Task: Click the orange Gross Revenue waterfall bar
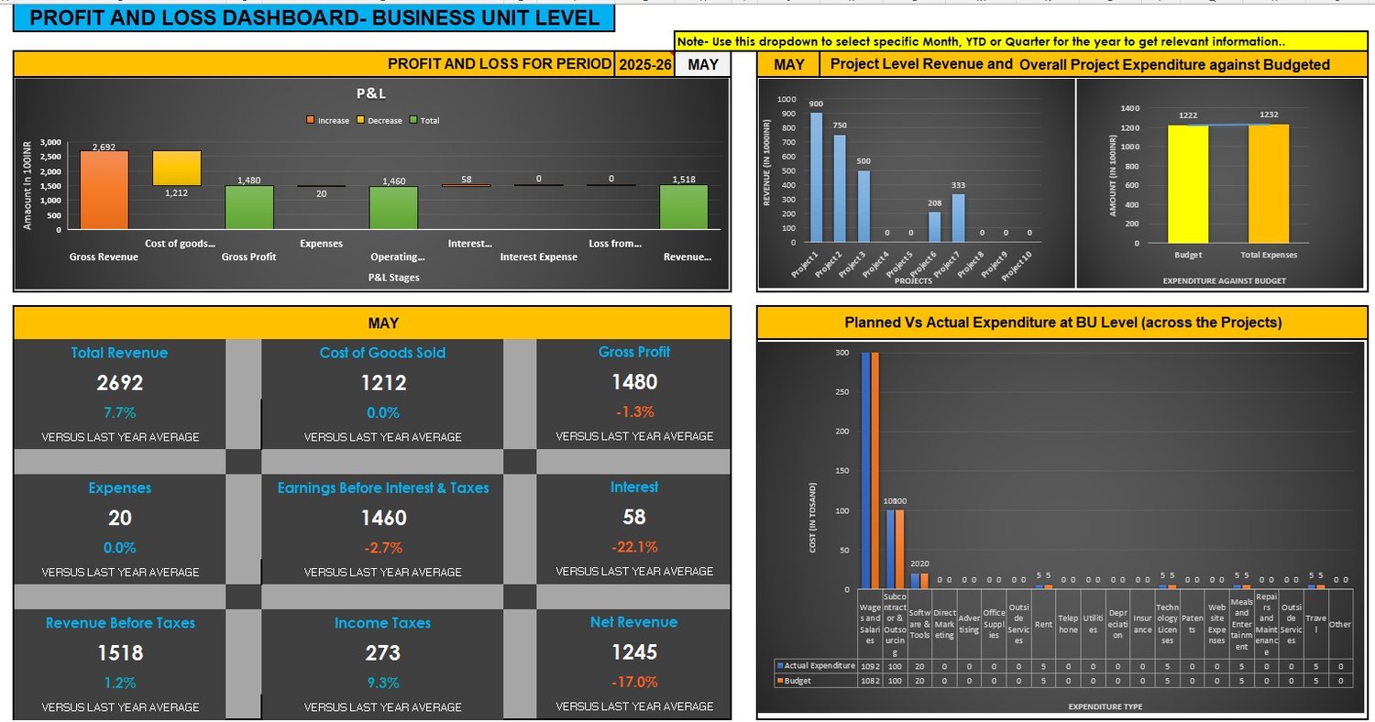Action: [x=104, y=190]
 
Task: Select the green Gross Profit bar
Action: [x=249, y=207]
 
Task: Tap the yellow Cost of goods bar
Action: [x=177, y=169]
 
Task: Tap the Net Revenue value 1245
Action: [x=633, y=652]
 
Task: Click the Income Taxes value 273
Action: [x=382, y=653]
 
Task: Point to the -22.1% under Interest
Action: [x=634, y=547]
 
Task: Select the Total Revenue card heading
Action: [x=120, y=353]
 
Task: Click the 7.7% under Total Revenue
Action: [x=120, y=412]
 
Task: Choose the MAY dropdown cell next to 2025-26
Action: [x=703, y=64]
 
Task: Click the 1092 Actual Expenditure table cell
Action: [x=870, y=665]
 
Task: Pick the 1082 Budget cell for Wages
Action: [x=870, y=681]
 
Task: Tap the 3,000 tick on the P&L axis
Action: [x=50, y=143]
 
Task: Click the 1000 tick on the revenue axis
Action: [x=786, y=99]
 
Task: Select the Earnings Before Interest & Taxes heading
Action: [x=383, y=488]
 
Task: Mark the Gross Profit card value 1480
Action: [x=634, y=382]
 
